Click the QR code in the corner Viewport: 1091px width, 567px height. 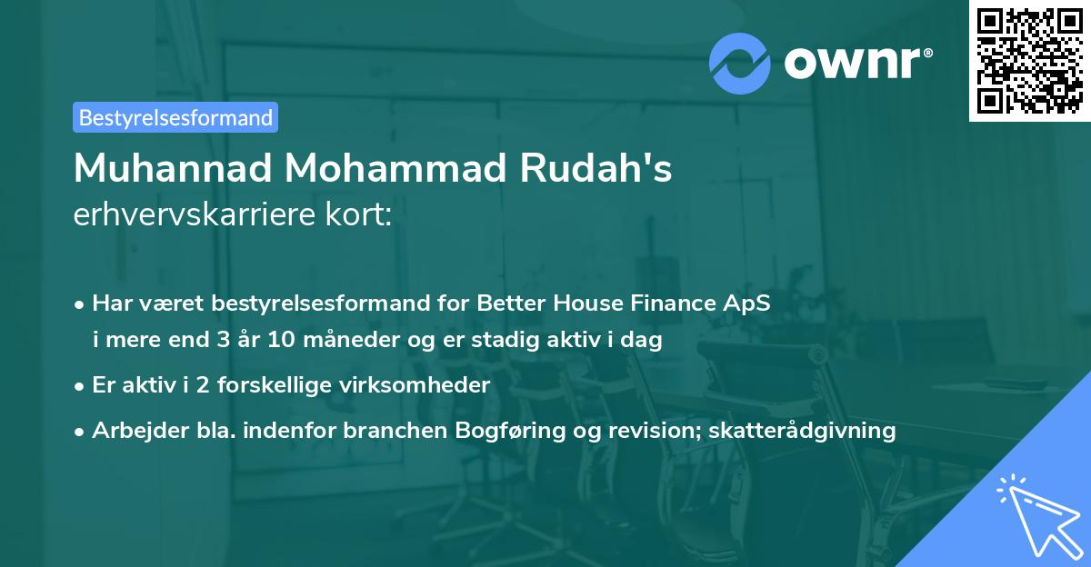click(1029, 61)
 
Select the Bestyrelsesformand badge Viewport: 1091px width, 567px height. click(175, 117)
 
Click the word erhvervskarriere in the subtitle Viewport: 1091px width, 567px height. click(199, 214)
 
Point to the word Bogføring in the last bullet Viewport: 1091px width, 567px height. click(499, 430)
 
